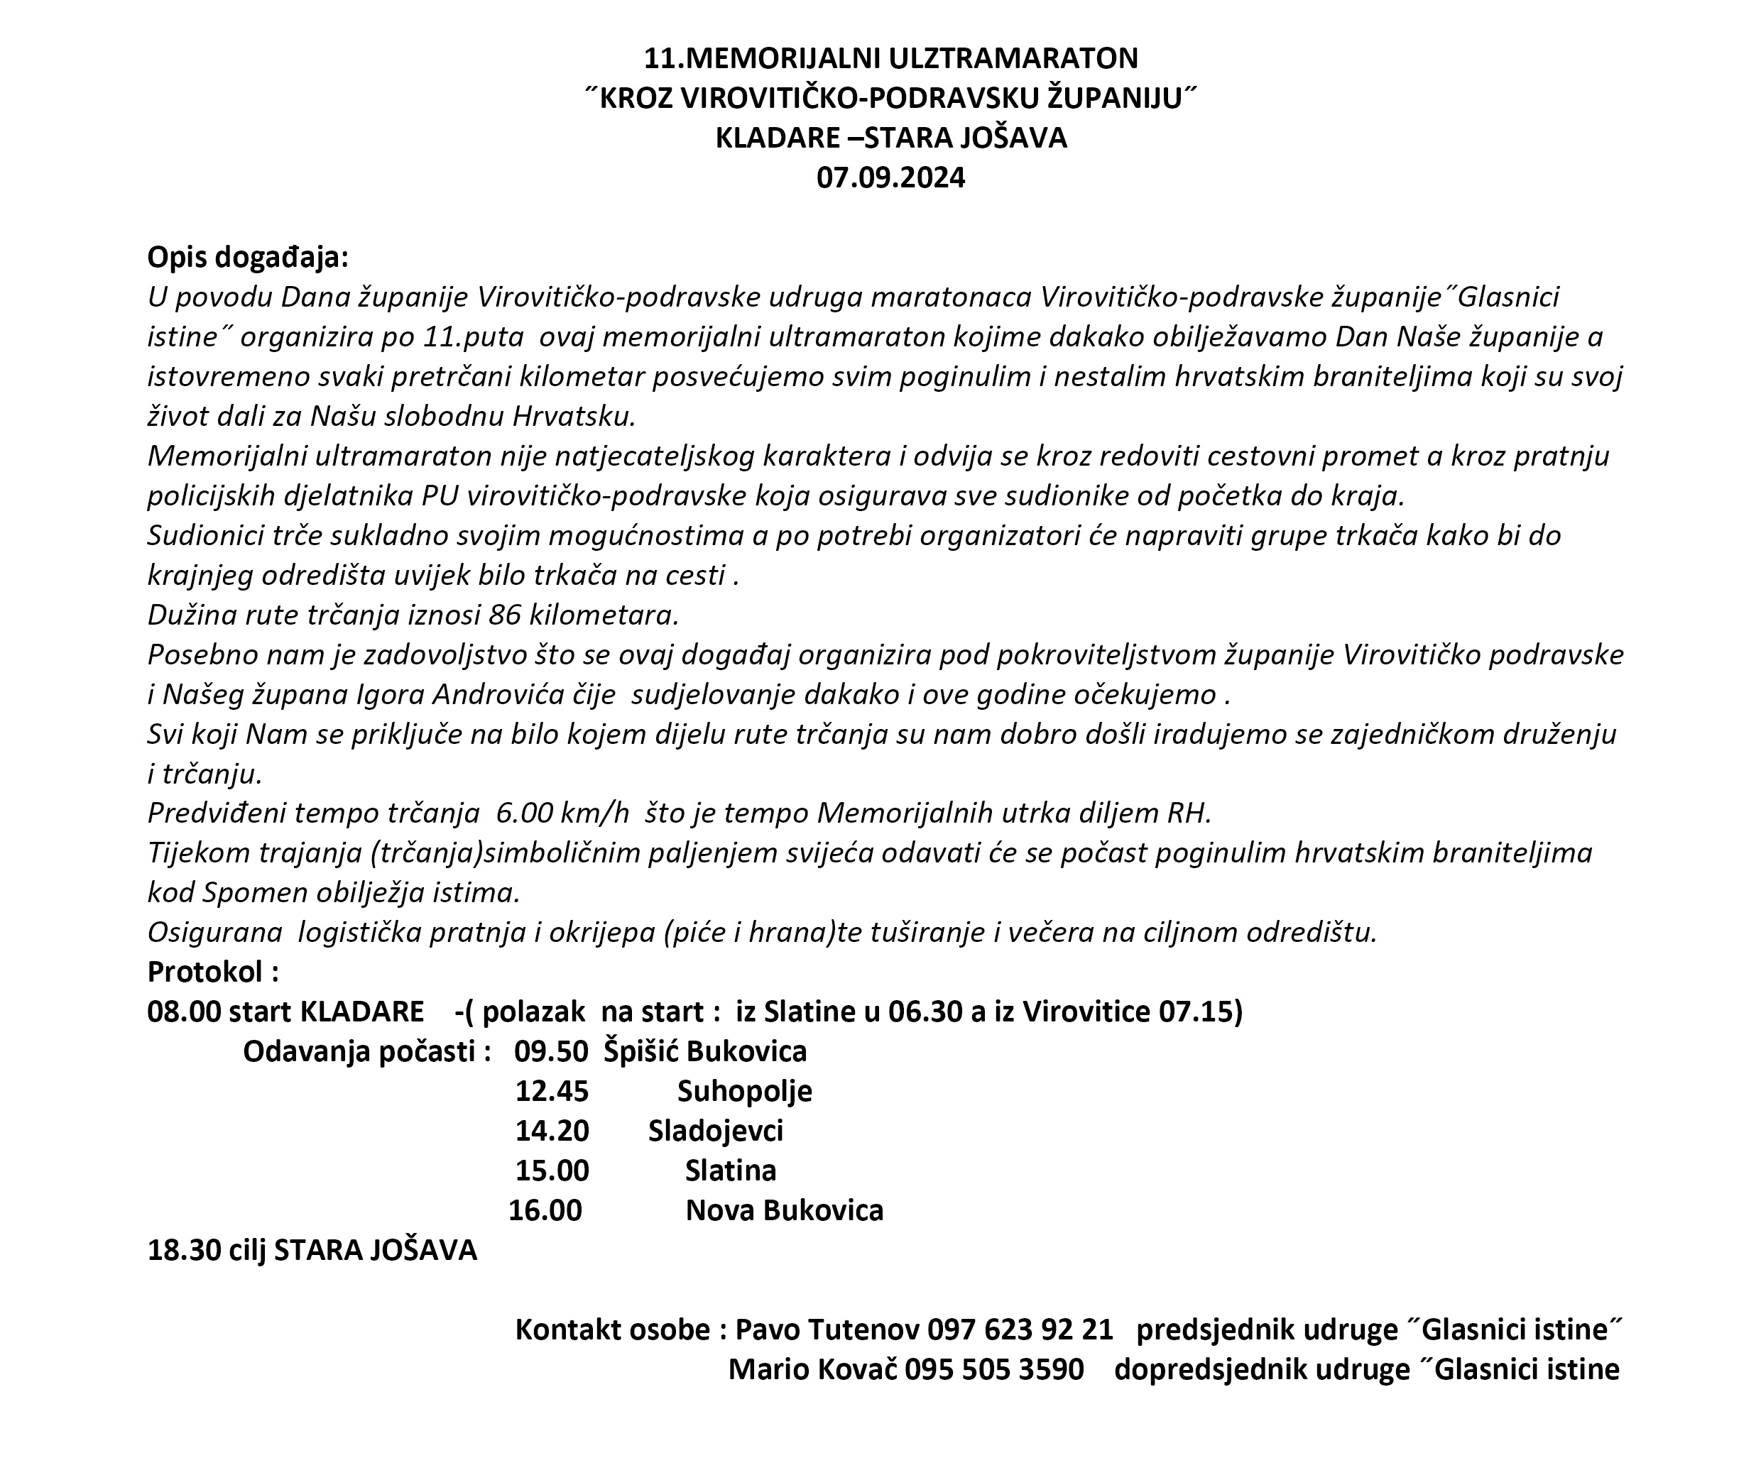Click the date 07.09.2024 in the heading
tap(890, 178)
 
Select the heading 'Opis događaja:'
tap(248, 258)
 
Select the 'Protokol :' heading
tap(213, 972)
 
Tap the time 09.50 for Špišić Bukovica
tap(552, 1051)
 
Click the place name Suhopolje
tap(745, 1091)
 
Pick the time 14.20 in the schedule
tap(552, 1131)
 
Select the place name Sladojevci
tap(715, 1131)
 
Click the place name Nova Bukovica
tap(784, 1211)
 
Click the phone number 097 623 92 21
tap(1020, 1330)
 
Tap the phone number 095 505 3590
tap(994, 1369)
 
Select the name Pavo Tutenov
tap(827, 1330)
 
